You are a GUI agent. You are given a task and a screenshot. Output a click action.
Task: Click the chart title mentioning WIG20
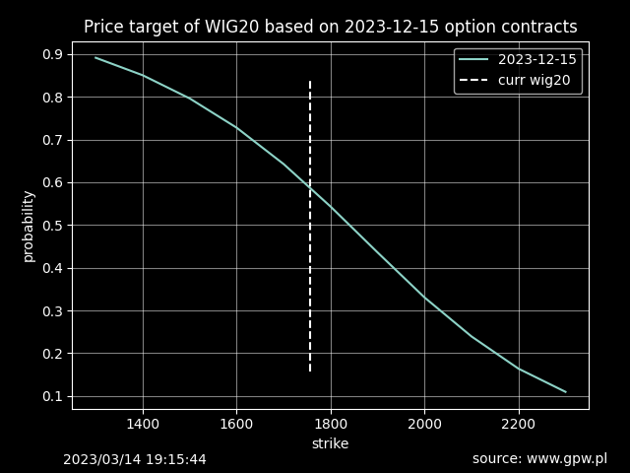[330, 27]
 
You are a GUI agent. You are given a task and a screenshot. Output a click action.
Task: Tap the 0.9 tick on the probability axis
[53, 54]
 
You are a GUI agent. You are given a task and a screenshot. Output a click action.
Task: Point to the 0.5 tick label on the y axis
[53, 226]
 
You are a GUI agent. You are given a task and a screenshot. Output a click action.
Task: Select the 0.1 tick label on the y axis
[53, 396]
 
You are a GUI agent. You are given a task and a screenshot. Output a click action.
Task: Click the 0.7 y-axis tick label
[53, 140]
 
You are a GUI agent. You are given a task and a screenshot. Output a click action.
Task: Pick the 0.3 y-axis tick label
[53, 311]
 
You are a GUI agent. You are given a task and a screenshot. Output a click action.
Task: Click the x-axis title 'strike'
[330, 443]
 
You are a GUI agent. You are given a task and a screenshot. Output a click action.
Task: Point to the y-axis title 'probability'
[29, 226]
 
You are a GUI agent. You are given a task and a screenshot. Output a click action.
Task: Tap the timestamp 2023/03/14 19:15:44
[135, 459]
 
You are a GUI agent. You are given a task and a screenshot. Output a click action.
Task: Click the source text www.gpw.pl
[539, 459]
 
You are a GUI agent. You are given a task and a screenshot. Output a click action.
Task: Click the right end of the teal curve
[565, 391]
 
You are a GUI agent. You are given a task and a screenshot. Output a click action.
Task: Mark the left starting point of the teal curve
[95, 57]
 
